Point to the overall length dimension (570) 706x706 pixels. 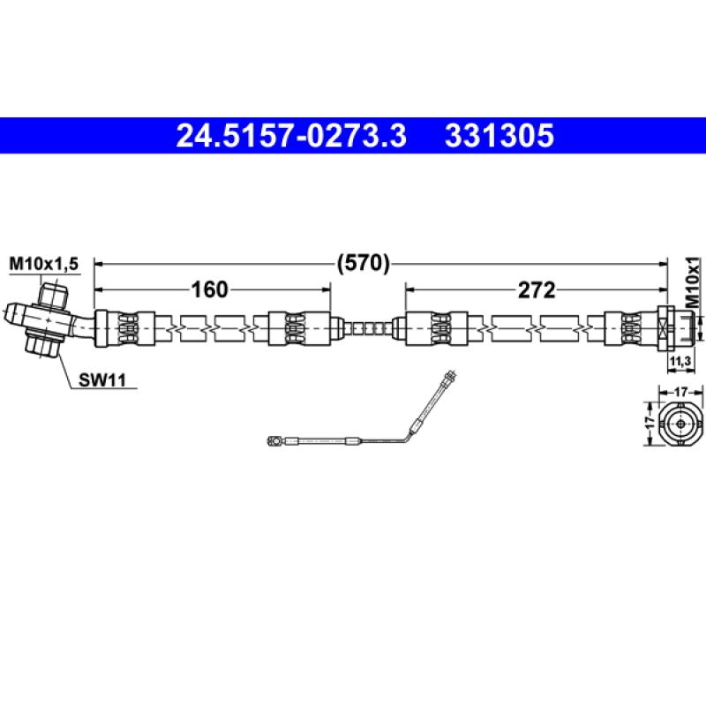(363, 262)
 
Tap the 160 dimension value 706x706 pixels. (210, 289)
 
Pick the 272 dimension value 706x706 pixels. (536, 289)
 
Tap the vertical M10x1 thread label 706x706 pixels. (693, 282)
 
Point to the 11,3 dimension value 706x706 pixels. (680, 362)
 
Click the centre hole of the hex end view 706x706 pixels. (680, 422)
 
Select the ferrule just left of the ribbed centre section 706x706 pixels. (297, 327)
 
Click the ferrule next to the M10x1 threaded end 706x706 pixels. (628, 327)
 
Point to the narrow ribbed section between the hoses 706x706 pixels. (366, 327)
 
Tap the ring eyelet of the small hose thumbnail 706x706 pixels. (276, 439)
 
